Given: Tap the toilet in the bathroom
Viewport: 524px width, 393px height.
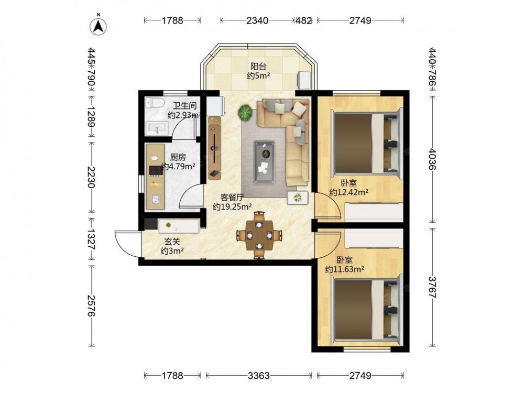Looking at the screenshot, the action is pos(155,103).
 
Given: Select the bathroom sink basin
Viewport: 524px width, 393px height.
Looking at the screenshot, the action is pos(157,128).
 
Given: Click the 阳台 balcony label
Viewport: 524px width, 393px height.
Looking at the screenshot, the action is pos(258,66).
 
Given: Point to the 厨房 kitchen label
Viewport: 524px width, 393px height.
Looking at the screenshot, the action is pos(178,157).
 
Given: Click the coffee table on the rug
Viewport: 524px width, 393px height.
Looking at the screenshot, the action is pos(264,162).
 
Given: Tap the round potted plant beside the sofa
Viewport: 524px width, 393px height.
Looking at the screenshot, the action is pos(245,112).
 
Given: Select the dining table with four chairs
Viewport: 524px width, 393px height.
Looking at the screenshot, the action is pos(259,236).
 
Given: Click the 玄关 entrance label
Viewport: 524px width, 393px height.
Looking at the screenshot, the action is pos(172,241).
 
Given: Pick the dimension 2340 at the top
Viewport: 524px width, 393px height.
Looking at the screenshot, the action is pos(257,20).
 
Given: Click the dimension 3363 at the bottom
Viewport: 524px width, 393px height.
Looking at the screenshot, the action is pos(259,375).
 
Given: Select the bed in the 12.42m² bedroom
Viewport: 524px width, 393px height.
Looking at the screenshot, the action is pos(366,144).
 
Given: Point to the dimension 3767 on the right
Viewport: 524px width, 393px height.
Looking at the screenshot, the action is pos(432,287).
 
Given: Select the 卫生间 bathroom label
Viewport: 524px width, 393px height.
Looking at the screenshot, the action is pos(185,106).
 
